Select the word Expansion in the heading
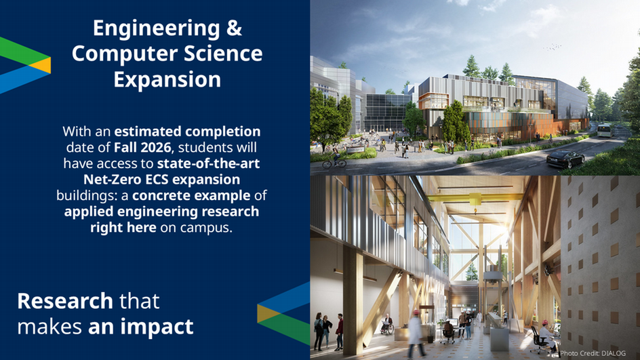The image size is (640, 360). point(167,79)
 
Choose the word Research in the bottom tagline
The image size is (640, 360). point(65,301)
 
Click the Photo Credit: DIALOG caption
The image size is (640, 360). point(593,353)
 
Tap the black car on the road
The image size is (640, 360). point(565,159)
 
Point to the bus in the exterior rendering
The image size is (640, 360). point(604,130)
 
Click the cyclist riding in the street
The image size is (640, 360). point(335,159)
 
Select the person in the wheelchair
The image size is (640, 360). point(387,325)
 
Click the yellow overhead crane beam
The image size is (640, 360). point(475,199)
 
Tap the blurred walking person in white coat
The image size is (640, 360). point(416,334)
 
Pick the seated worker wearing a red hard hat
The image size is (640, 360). point(546,334)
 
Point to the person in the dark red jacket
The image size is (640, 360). point(339,332)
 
